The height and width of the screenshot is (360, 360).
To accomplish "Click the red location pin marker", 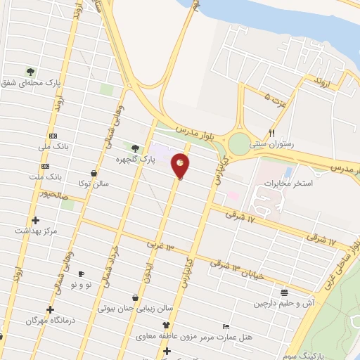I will point(181,165).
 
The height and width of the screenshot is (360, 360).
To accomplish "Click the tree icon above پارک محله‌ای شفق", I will point(30,71).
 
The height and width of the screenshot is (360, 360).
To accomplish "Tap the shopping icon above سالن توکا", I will point(94,173).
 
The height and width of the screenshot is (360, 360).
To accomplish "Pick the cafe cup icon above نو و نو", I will point(81,274).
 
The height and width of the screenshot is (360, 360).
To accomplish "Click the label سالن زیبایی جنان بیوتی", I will point(135,308).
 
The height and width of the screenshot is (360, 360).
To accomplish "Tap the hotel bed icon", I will point(225,327).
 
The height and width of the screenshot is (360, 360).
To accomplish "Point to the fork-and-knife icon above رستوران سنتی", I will point(271,132).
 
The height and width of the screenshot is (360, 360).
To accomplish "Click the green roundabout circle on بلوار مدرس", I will point(239,145).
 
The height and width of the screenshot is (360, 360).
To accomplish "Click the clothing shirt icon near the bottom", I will point(166,326).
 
